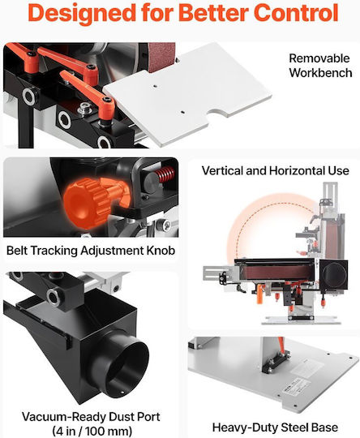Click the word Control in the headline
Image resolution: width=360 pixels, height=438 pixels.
pos(296,13)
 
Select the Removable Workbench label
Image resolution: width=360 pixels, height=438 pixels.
pos(320,66)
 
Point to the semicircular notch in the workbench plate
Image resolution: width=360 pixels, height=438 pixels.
pos(219,113)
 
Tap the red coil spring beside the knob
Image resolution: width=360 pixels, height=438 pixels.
pos(165,174)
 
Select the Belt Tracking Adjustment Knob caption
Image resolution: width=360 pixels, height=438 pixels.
pos(91,251)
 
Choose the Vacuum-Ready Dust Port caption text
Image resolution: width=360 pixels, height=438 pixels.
pos(91,417)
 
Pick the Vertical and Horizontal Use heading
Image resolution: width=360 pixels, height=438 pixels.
pos(276,170)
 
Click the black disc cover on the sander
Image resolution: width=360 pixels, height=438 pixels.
pos(334,275)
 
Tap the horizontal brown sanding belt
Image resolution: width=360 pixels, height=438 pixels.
pos(279,272)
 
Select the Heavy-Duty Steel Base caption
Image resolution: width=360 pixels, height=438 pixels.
pos(275,427)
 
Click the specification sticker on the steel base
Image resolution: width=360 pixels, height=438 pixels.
pos(292,384)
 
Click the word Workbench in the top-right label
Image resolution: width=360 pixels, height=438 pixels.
pos(320,73)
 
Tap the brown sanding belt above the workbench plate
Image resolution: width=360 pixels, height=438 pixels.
pos(161,57)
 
